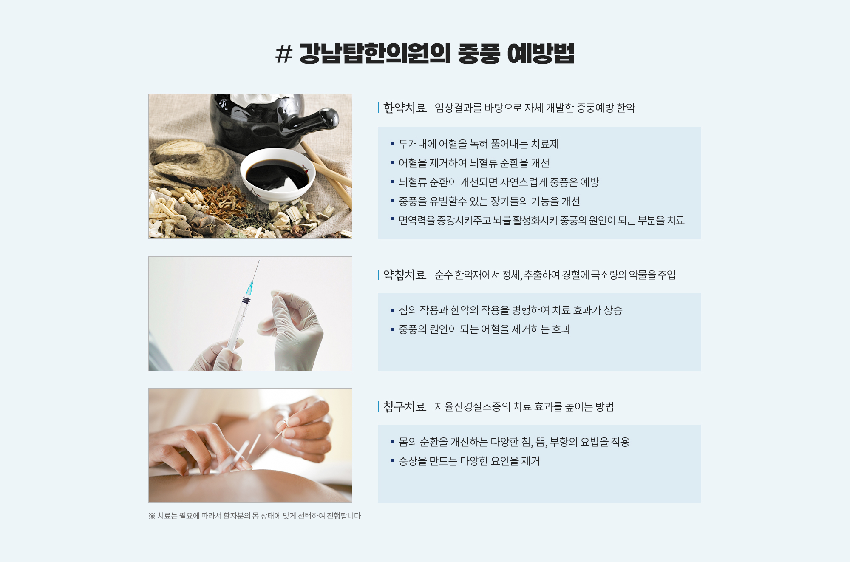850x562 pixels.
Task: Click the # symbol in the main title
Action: (x=284, y=54)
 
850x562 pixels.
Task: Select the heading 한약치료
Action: (x=405, y=108)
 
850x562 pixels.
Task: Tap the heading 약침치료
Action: (x=405, y=275)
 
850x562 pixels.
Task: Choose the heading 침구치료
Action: (x=405, y=407)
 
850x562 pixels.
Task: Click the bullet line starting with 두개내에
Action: (x=479, y=144)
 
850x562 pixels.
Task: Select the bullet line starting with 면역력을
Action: (x=541, y=221)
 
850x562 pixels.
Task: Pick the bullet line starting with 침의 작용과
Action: (x=510, y=310)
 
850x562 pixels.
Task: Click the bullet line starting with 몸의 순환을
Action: (x=514, y=442)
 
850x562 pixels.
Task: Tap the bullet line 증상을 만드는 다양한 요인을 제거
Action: (x=469, y=461)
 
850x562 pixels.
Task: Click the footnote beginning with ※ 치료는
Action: (x=255, y=516)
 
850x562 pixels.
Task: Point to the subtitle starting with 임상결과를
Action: (x=535, y=108)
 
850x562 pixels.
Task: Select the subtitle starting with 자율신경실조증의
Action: (x=524, y=407)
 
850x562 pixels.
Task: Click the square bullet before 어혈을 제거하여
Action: (x=392, y=163)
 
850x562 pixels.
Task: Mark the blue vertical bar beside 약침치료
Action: (x=378, y=275)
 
